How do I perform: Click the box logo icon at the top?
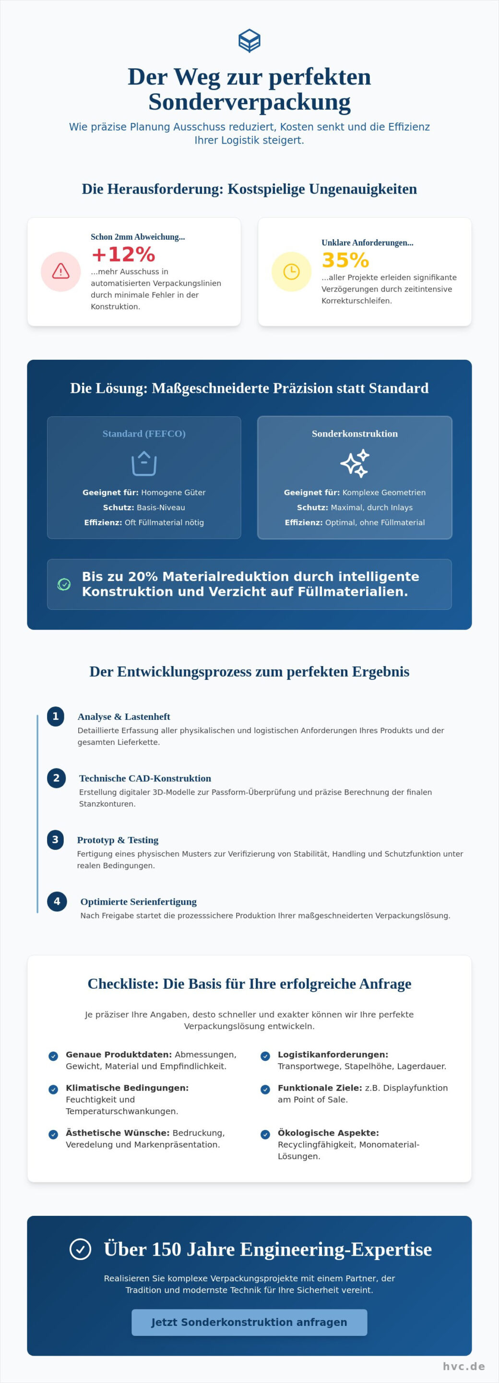(x=249, y=41)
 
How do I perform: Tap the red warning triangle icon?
(x=60, y=271)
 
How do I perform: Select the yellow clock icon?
(x=291, y=271)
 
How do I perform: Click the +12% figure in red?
(x=123, y=254)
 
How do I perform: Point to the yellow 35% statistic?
(x=345, y=260)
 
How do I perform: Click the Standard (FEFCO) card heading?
(x=144, y=433)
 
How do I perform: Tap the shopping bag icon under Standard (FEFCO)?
(x=144, y=463)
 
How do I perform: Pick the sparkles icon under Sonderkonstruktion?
(x=355, y=463)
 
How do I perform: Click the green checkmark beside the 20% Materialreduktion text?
(x=64, y=583)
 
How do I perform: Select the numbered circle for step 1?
(x=55, y=716)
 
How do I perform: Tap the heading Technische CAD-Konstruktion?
(x=145, y=778)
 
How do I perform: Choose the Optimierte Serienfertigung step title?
(x=139, y=901)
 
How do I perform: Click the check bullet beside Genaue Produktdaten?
(x=53, y=1055)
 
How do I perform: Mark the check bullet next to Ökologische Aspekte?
(x=265, y=1134)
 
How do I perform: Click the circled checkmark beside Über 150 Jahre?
(x=81, y=1249)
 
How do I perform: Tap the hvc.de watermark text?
(x=463, y=1366)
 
